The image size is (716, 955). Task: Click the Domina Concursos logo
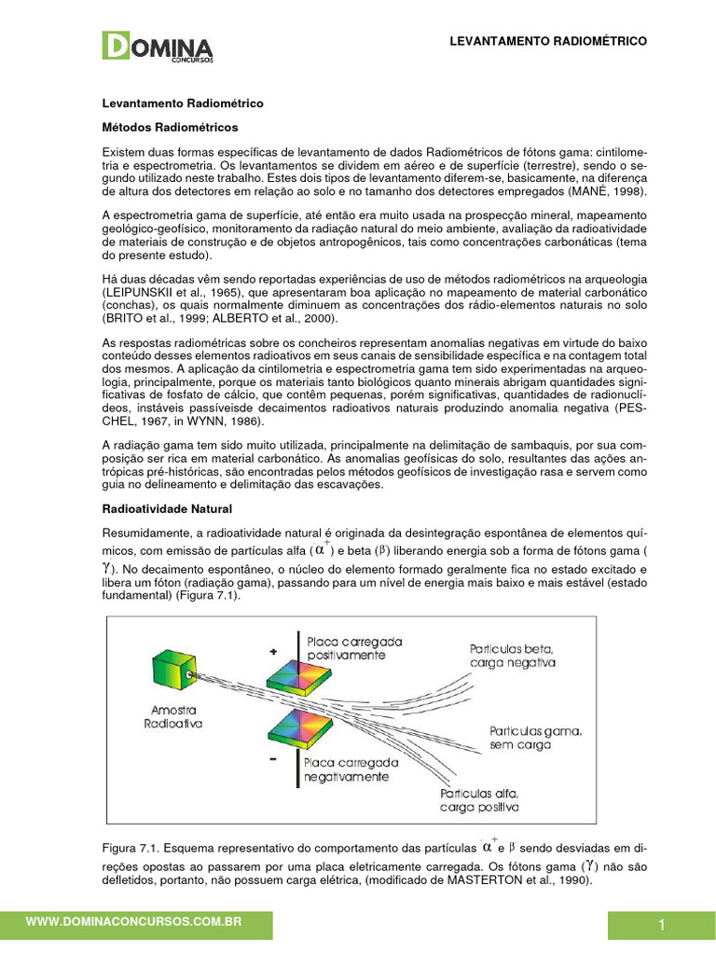click(x=158, y=47)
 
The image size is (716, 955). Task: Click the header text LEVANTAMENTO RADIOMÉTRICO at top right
click(x=548, y=42)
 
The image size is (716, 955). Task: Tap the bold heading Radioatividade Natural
click(x=166, y=509)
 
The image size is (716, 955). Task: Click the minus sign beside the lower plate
click(x=273, y=760)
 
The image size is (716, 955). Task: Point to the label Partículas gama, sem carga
click(x=535, y=740)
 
